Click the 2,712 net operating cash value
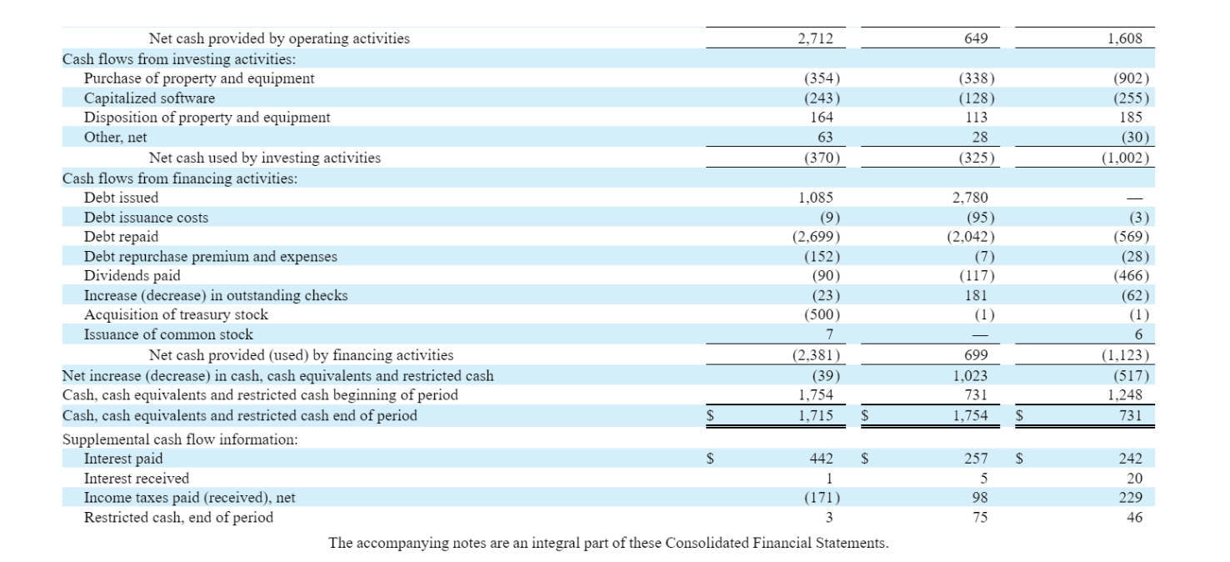(815, 38)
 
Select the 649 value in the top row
(975, 38)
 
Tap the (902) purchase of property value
(1131, 78)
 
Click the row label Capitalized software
(149, 98)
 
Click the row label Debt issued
(121, 198)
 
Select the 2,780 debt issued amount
(969, 198)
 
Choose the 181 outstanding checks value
(975, 295)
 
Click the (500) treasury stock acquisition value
(821, 315)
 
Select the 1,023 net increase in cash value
(969, 376)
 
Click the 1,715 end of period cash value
(815, 415)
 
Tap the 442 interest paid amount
(822, 459)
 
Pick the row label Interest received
(136, 479)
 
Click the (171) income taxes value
(821, 498)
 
